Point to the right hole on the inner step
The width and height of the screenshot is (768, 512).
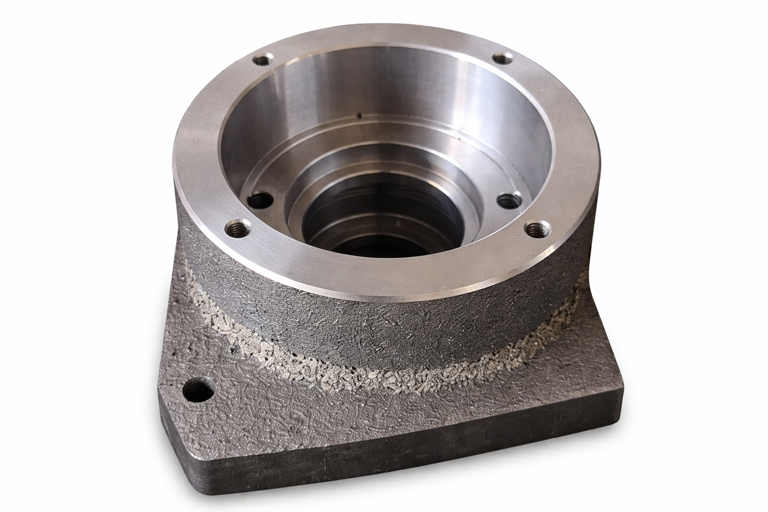pyautogui.click(x=510, y=200)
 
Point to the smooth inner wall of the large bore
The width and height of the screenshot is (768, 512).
pyautogui.click(x=435, y=95)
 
